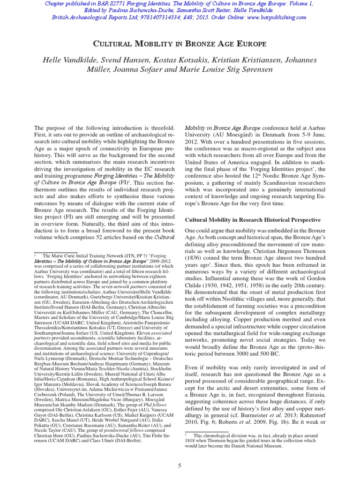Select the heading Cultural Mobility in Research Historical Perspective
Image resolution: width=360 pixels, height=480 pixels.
(253, 219)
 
